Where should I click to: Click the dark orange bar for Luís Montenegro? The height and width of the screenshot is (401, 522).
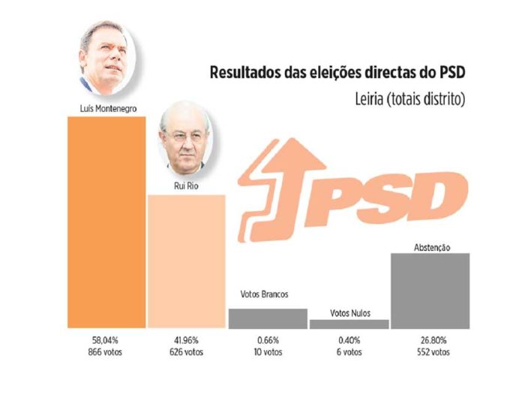[106, 223]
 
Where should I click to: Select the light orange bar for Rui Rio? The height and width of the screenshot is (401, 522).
[185, 261]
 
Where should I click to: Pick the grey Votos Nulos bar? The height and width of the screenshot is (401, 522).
[349, 324]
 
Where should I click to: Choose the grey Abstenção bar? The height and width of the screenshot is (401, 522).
[431, 291]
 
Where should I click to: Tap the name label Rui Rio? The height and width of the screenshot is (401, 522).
[185, 186]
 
